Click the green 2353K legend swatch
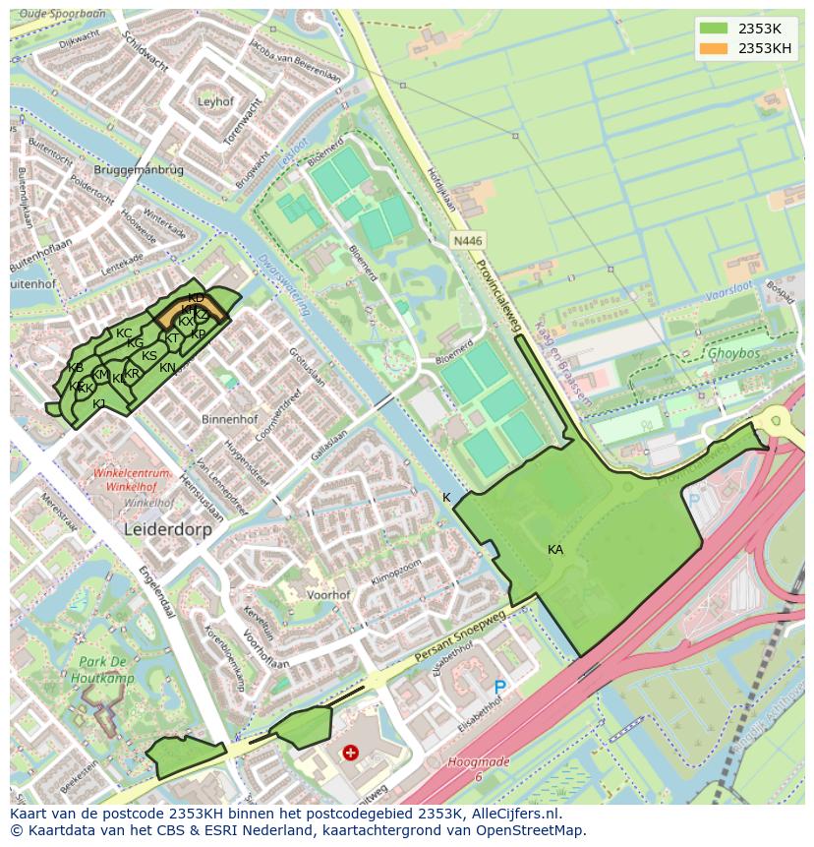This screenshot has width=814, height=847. [x=715, y=29]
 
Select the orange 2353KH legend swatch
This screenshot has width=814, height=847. [x=715, y=48]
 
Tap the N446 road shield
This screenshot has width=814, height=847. [x=467, y=240]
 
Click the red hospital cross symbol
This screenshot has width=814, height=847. [x=350, y=753]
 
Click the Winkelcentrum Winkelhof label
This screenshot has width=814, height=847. [x=133, y=479]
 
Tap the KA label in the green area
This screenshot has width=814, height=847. [x=555, y=550]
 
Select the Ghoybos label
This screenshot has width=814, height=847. [x=734, y=352]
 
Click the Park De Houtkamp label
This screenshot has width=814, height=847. [x=102, y=669]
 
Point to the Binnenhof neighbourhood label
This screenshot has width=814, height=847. [x=229, y=419]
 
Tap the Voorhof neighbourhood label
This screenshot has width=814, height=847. [x=328, y=595]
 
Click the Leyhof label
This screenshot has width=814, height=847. [x=215, y=101]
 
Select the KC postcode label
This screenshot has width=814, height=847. [x=124, y=333]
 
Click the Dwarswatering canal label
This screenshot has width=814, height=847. [x=285, y=284]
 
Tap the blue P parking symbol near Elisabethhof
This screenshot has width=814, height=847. [x=499, y=687]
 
